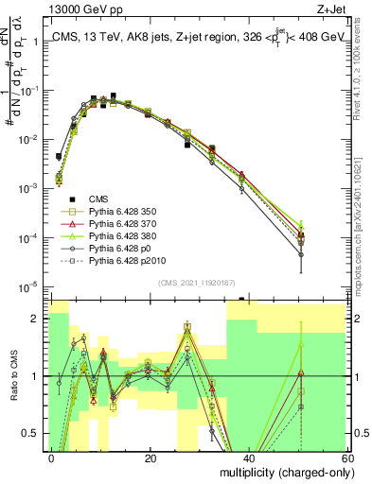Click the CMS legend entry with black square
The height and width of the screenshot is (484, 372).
[97, 198]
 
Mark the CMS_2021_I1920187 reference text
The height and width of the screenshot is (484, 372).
[197, 282]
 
